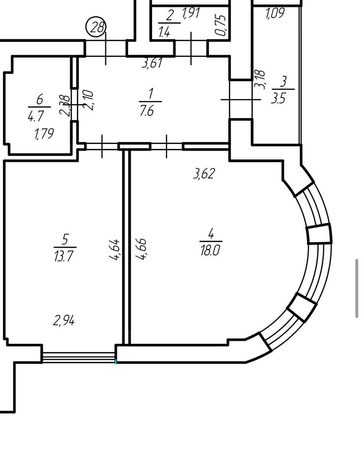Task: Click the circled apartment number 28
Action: coord(96,27)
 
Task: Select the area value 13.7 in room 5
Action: coord(64,256)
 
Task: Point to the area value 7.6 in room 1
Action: coord(147,111)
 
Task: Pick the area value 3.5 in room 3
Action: coord(278,98)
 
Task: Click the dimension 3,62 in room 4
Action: coord(204,173)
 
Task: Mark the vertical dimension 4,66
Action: coord(141,249)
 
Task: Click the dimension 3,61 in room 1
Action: coord(152,63)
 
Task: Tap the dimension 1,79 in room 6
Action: coord(44,134)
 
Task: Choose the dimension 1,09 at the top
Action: coord(275,13)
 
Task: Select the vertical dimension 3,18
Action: coord(261,80)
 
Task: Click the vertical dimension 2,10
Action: coord(88,100)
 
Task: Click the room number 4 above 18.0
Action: coord(211,233)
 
